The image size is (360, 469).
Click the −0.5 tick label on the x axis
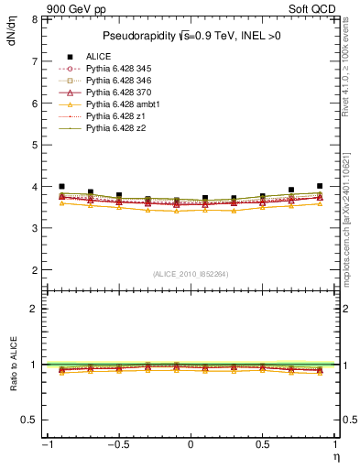[117, 444]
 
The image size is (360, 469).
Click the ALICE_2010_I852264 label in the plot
[190, 274]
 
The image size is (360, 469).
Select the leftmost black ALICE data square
[61, 186]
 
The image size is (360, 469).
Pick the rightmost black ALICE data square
[320, 186]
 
